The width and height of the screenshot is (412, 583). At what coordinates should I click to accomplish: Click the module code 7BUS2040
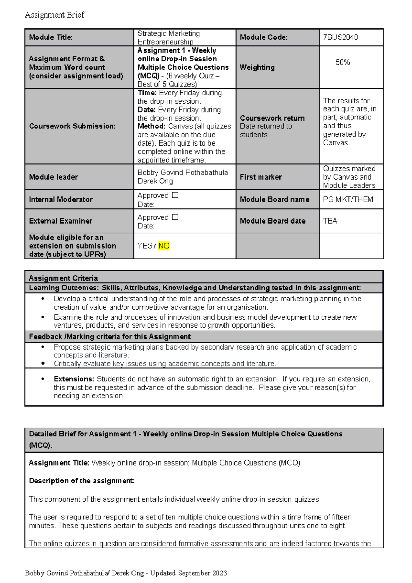point(340,37)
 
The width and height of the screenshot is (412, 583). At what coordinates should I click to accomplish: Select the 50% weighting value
point(342,62)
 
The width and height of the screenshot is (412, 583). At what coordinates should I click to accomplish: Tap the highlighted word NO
point(164,246)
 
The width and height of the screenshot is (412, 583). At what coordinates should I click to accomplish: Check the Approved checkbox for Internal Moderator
point(175,195)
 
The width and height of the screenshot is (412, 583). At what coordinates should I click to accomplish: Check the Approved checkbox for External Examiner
point(175,217)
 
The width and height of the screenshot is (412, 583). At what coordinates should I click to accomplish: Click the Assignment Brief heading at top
point(55,15)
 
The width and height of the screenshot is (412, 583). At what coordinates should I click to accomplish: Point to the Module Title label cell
point(51,37)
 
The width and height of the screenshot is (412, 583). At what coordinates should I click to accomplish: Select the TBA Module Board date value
point(330,221)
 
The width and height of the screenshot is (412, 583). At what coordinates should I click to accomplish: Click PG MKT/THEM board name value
point(348,199)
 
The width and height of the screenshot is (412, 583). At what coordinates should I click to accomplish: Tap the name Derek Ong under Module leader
point(155,181)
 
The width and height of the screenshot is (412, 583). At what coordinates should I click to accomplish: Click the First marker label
point(261,177)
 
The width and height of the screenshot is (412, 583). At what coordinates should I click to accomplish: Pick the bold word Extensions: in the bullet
point(74,379)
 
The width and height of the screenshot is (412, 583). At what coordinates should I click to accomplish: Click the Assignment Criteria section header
point(63,278)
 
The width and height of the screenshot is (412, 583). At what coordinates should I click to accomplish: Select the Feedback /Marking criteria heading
point(110,336)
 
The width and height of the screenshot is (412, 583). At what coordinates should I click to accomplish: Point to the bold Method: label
point(151,126)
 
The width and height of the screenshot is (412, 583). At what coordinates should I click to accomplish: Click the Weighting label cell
point(257,67)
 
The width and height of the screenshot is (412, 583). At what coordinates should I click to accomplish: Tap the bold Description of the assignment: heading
point(82,481)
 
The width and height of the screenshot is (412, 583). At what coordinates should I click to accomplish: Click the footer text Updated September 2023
point(188,573)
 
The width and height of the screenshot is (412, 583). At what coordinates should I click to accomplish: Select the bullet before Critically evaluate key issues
point(43,363)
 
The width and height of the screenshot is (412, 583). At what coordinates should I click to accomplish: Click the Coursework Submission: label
point(72,126)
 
